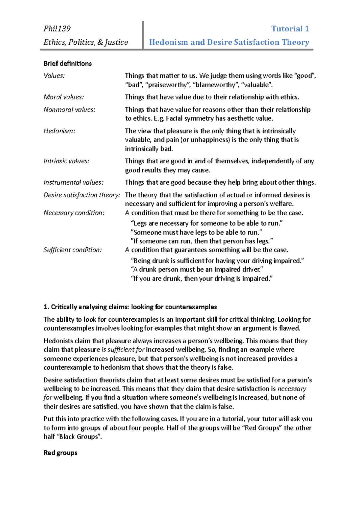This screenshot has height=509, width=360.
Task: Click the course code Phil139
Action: (x=57, y=29)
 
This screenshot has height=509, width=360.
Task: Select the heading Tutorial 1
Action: (x=290, y=29)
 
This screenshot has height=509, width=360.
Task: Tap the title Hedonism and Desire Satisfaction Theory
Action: (x=229, y=42)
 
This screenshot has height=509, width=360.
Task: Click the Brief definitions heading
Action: (x=67, y=64)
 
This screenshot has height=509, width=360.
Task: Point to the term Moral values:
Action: (x=64, y=97)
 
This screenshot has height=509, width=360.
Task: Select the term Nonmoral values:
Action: (x=69, y=110)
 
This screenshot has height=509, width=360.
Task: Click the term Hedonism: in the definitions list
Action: (x=59, y=131)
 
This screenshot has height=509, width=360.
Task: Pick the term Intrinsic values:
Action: (x=66, y=161)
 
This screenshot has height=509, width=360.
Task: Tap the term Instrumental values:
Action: (x=73, y=183)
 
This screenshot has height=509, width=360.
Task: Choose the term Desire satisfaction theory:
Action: (x=82, y=195)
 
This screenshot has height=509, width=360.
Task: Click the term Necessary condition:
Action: (x=74, y=213)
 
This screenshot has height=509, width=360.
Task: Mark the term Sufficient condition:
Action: (x=73, y=250)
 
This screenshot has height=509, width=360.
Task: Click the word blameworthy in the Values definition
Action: (x=214, y=85)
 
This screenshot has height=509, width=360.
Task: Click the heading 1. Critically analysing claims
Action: (x=130, y=307)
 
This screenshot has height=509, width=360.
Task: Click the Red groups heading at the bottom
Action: (x=60, y=453)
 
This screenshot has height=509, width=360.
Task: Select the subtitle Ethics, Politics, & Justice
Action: (x=86, y=42)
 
